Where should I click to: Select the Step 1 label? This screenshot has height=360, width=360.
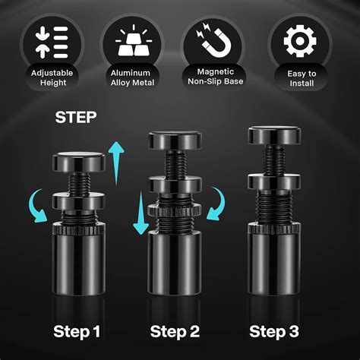pos(77,331)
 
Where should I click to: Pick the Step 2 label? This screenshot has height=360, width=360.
pos(175,331)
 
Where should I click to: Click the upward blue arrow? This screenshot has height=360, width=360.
pos(115,162)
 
